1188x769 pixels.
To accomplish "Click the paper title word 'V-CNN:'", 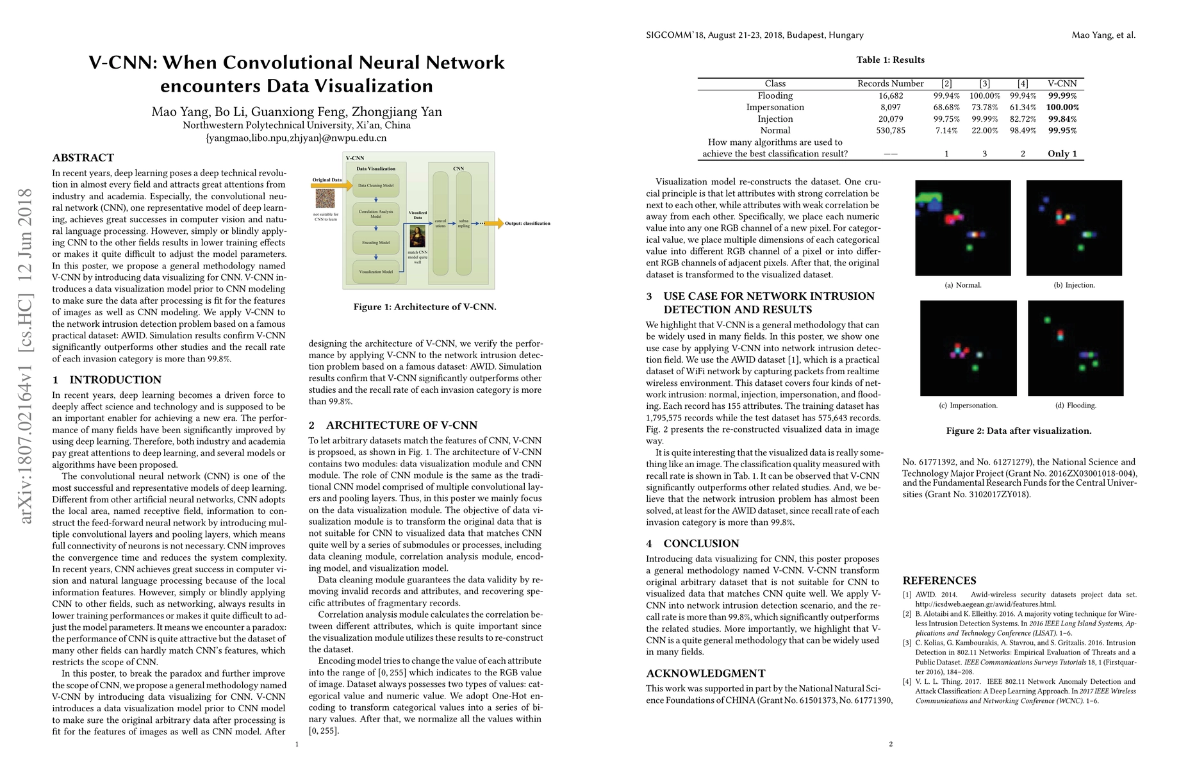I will (121, 63).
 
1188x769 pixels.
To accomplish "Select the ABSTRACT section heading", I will (83, 158).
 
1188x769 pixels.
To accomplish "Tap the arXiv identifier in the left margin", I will (26, 356).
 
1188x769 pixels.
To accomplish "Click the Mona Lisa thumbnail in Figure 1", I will (417, 237).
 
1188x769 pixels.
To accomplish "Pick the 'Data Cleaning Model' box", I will (376, 186).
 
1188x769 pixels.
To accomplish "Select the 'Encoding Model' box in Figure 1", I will (376, 243).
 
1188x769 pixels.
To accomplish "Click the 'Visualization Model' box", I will (376, 272).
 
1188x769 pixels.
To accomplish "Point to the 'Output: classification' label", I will (527, 224).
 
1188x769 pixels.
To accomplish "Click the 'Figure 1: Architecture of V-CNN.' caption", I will (425, 307).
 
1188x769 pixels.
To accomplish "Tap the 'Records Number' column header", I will (891, 84).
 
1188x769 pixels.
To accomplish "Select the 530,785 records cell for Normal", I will (891, 131).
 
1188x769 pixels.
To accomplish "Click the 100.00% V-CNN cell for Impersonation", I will (1062, 108).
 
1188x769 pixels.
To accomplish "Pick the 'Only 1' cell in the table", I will (1062, 154).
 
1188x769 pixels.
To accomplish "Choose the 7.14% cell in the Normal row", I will (946, 131).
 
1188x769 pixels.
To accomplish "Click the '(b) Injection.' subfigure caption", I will (1075, 285).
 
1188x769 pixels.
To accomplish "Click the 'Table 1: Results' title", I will (891, 60).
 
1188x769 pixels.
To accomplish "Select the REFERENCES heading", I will (939, 581).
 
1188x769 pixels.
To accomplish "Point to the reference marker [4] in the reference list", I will (907, 682).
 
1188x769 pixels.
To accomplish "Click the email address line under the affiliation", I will (296, 138).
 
